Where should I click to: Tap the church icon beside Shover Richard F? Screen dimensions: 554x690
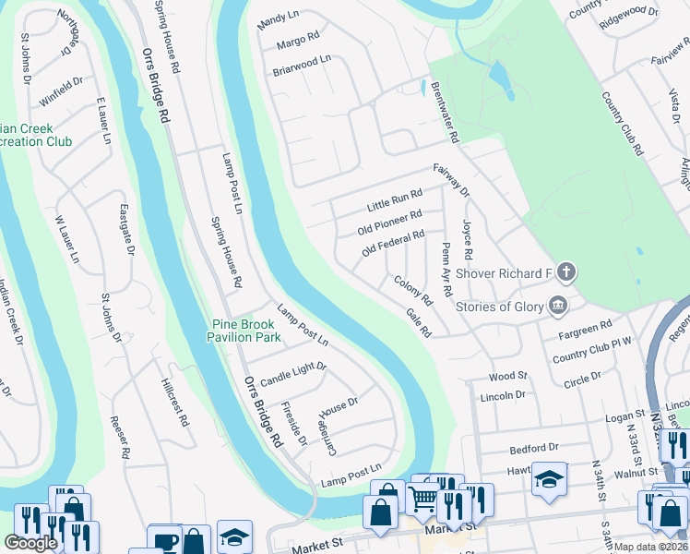pyautogui.click(x=566, y=272)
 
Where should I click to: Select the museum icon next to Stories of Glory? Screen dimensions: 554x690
pyautogui.click(x=557, y=306)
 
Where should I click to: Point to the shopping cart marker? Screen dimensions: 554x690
pyautogui.click(x=423, y=500)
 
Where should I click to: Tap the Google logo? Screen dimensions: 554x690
pyautogui.click(x=30, y=543)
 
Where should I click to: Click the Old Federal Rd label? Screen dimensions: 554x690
pyautogui.click(x=393, y=243)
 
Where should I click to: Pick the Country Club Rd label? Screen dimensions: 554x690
pyautogui.click(x=621, y=123)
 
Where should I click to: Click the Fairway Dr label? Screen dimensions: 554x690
pyautogui.click(x=452, y=180)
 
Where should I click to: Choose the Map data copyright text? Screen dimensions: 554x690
pyautogui.click(x=649, y=547)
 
